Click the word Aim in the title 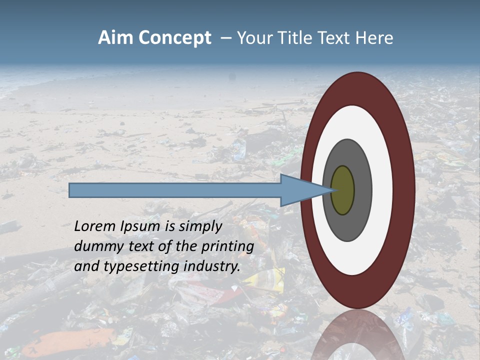tap(116, 38)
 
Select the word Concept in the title tap(175, 38)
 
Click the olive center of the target tap(342, 190)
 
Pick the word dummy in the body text tap(95, 246)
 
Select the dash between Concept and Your tap(225, 38)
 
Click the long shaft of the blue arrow tap(175, 190)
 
